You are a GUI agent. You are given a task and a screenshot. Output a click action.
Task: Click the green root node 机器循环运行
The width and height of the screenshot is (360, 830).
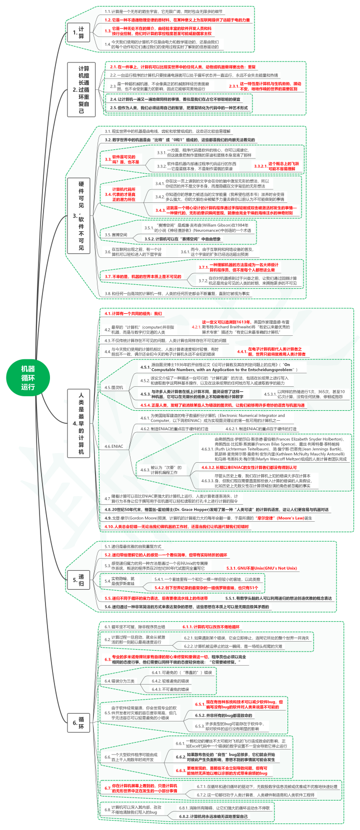point(28,377)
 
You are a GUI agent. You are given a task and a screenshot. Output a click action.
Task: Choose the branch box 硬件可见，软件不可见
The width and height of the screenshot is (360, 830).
point(81,215)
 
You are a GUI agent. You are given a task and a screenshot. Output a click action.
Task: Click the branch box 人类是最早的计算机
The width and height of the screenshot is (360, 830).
point(81,424)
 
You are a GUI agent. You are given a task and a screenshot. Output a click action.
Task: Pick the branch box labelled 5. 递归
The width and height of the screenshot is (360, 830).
point(80,580)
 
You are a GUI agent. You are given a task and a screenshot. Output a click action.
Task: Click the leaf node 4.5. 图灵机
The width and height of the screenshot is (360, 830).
point(113,387)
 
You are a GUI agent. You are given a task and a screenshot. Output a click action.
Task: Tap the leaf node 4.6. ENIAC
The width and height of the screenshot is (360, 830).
point(113,446)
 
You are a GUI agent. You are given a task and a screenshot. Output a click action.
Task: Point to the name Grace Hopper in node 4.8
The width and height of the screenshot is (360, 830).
point(184,509)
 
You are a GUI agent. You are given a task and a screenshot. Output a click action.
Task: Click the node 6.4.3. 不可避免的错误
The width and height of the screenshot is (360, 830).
point(171,689)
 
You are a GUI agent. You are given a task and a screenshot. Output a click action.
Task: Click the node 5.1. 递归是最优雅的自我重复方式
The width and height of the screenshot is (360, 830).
point(132,547)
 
